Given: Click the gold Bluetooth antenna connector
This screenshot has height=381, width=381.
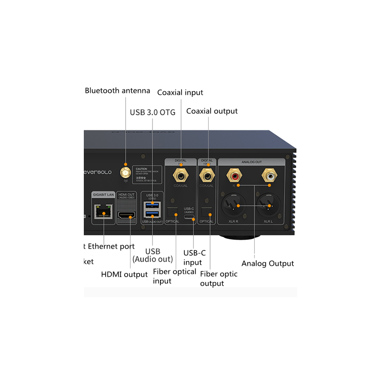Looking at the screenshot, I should coord(126,171).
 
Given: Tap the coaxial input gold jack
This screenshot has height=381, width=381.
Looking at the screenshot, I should coord(181,174).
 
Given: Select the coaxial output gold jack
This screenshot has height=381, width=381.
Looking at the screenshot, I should coord(207,174).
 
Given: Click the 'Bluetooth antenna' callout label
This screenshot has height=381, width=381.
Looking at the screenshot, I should coord(117,90).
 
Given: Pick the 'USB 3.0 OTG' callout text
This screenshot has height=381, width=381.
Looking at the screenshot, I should coord(153,112).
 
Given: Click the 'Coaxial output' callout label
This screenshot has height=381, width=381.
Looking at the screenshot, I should coord(212,111).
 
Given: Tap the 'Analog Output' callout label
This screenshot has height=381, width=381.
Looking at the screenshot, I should coord(268,263).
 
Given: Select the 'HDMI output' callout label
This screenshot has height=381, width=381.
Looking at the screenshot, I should coord(124,274).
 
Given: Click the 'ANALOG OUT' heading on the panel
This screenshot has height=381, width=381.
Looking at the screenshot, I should coord(251,161).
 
